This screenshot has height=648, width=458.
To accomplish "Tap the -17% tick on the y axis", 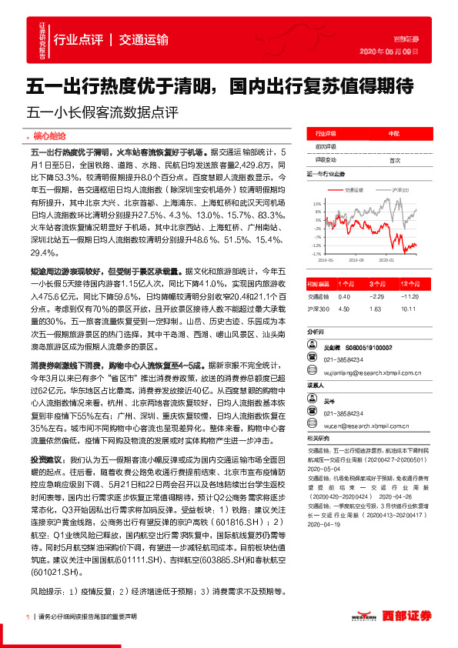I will [316, 252].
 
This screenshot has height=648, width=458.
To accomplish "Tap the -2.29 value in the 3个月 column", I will [376, 296].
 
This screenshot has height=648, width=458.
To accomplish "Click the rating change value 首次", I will [395, 160].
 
